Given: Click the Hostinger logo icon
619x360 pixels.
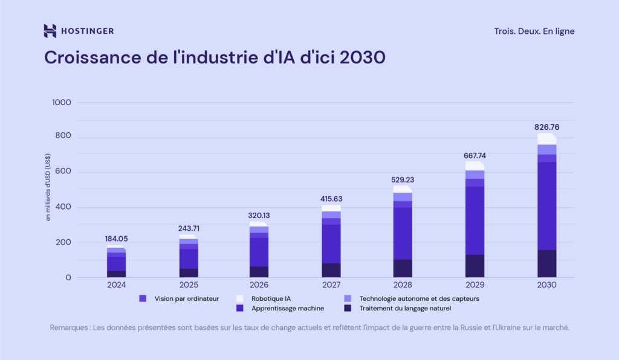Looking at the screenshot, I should [x=50, y=31].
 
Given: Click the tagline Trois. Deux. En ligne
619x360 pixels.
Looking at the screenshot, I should [x=534, y=31].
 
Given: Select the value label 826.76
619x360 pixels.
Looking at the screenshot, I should [x=546, y=127].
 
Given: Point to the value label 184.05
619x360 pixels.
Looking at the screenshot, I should [x=116, y=239].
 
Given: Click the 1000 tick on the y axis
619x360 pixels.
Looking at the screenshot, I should [x=61, y=103].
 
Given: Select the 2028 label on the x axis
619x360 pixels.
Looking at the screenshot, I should [x=403, y=284].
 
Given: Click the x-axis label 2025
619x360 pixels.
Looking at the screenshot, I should [x=188, y=284].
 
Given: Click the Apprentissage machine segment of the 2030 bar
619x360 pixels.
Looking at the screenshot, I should [x=546, y=205].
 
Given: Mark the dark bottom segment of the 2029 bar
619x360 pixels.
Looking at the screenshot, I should [x=475, y=266].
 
